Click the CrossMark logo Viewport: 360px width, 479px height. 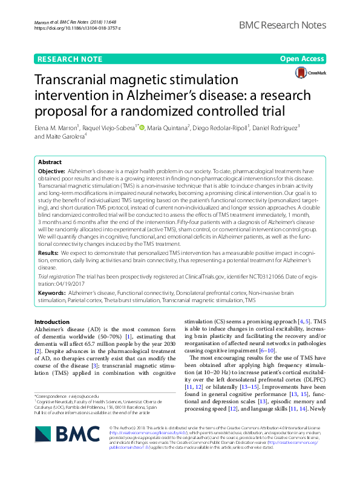(x=310, y=73)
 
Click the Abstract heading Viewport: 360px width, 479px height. (x=50, y=163)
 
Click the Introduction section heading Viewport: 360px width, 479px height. (x=52, y=322)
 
